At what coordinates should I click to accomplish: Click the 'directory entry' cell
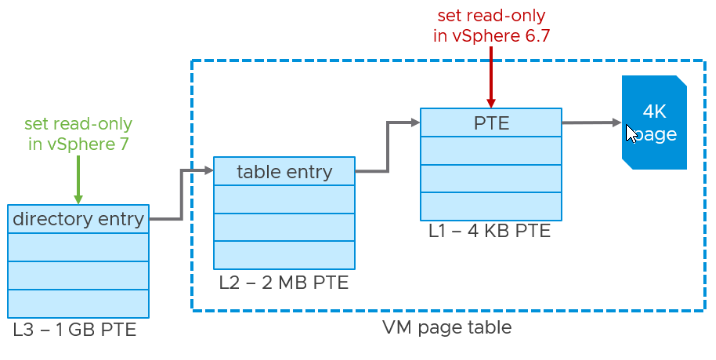tap(78, 218)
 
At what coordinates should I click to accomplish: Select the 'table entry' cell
tap(284, 171)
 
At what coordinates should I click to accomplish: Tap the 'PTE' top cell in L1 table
tap(490, 123)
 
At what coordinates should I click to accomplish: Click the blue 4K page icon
tap(654, 122)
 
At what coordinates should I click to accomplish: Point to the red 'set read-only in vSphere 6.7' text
tap(490, 26)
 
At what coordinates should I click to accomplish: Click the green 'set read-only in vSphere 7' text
tap(78, 134)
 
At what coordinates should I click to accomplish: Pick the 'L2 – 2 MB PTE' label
tap(283, 282)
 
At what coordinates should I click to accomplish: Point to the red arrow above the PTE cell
tap(490, 75)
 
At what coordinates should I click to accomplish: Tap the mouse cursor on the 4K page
tap(631, 132)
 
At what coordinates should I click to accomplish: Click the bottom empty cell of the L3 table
tap(78, 302)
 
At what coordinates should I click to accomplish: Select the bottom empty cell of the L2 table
tap(284, 254)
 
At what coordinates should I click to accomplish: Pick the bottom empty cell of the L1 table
tap(490, 205)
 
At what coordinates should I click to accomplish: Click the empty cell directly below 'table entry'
tap(284, 199)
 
